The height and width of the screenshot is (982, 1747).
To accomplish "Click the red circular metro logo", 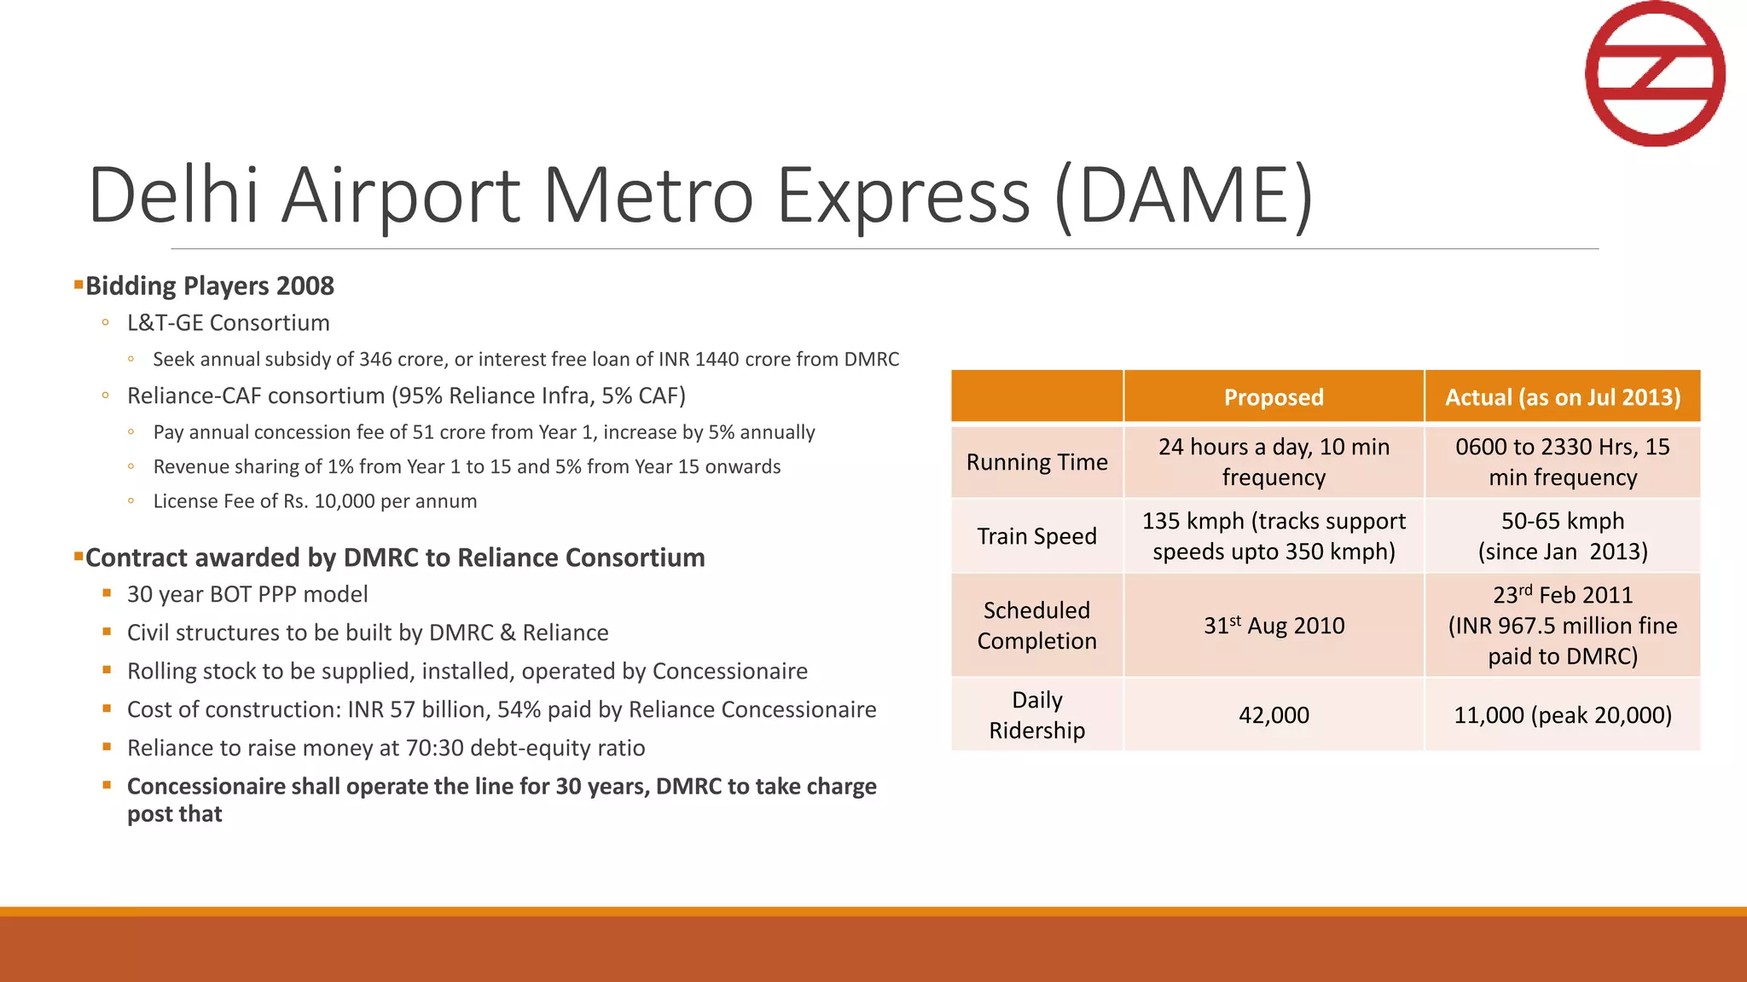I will (x=1655, y=73).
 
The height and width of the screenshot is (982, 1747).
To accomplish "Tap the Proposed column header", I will (x=1274, y=397).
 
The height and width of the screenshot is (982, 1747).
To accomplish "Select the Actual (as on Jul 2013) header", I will (x=1562, y=397).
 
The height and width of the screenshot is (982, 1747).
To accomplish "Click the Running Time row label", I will (x=1036, y=462).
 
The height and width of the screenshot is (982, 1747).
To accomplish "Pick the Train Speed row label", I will (x=1036, y=536).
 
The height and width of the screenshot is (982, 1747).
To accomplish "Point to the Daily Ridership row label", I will (x=1036, y=715).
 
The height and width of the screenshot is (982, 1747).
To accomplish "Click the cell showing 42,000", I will (x=1274, y=715).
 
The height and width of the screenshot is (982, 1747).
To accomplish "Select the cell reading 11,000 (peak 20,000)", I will (x=1562, y=715).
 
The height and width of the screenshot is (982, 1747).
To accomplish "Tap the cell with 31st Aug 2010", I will (x=1274, y=626).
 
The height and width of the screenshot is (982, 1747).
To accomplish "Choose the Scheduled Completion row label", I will (x=1036, y=626).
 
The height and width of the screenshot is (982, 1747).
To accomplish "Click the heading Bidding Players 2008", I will (x=209, y=286).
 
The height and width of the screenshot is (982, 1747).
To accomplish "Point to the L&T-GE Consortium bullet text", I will (x=228, y=323).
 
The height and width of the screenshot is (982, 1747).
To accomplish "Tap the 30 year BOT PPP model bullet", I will (x=247, y=594).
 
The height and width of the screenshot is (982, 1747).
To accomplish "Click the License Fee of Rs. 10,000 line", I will (x=315, y=501).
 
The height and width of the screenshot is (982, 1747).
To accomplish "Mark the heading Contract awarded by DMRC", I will (x=395, y=557).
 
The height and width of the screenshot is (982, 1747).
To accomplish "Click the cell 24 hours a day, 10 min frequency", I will (x=1274, y=462).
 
